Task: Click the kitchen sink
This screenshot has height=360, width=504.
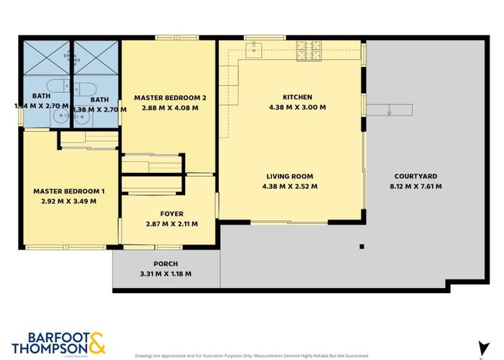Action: pyautogui.click(x=255, y=49)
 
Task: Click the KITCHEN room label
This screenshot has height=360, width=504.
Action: pyautogui.click(x=297, y=97)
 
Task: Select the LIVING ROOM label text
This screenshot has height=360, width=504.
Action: pyautogui.click(x=291, y=176)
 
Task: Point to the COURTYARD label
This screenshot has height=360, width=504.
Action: pyautogui.click(x=415, y=176)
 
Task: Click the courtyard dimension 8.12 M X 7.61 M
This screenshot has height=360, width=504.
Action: pyautogui.click(x=415, y=186)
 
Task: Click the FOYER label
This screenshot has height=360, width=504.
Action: pyautogui.click(x=168, y=214)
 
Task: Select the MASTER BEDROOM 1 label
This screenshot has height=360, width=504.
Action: pyautogui.click(x=69, y=191)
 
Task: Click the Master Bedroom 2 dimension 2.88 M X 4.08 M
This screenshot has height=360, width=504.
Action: pyautogui.click(x=167, y=107)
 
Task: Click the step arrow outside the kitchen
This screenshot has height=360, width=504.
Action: pyautogui.click(x=389, y=109)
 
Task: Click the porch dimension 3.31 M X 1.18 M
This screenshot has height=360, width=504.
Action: pyautogui.click(x=166, y=274)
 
